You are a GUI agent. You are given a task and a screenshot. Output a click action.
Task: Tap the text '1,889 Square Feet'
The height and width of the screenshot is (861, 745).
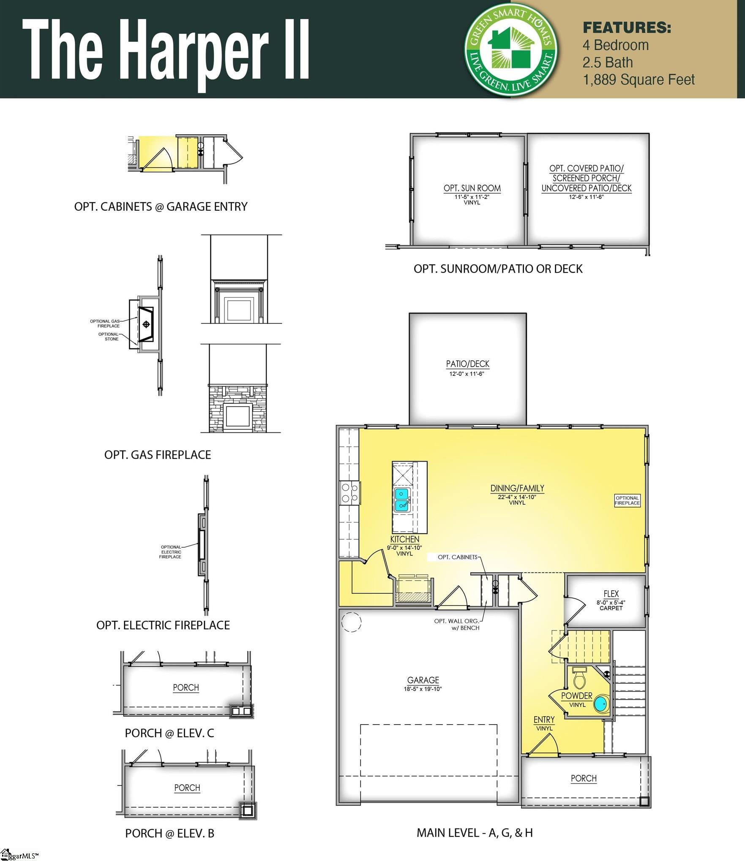pos(638,80)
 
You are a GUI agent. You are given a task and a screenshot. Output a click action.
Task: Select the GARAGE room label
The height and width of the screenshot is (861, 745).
pos(423,680)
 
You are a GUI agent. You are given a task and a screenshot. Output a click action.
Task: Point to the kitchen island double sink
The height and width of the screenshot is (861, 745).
pos(401,500)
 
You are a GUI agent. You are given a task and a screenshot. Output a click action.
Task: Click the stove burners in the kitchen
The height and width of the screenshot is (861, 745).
pos(349,493)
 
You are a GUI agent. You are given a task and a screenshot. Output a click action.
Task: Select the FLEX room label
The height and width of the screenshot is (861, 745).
pos(611,594)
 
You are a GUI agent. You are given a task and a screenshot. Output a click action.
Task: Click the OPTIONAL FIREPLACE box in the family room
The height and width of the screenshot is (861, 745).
pos(627,500)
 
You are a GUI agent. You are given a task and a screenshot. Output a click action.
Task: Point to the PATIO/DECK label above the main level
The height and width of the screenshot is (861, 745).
pos(467,364)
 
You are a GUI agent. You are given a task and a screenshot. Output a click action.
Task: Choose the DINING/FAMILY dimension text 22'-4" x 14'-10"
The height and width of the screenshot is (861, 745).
pos(517,497)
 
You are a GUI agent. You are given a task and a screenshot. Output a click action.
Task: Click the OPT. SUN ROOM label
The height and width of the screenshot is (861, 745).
pos(472,188)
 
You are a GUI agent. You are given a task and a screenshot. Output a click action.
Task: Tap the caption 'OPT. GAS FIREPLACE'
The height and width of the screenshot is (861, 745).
pos(158,455)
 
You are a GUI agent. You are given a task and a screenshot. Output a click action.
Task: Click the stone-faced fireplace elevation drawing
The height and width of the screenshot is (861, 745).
pos(237,408)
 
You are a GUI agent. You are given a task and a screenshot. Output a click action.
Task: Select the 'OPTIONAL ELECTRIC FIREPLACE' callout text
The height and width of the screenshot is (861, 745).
pos(171,552)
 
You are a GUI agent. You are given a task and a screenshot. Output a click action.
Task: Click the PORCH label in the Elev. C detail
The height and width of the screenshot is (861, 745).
pos(186,687)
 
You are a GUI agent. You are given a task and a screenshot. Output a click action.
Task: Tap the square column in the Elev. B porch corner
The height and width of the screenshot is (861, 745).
pos(248,810)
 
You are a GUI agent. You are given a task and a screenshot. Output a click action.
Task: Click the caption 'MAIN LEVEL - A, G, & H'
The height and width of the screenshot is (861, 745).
pos(475,833)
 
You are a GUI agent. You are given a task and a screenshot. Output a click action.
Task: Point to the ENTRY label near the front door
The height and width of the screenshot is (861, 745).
pos(544,720)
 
